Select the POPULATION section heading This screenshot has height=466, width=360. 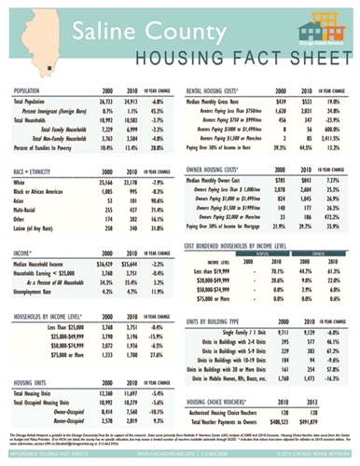click(35, 91)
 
